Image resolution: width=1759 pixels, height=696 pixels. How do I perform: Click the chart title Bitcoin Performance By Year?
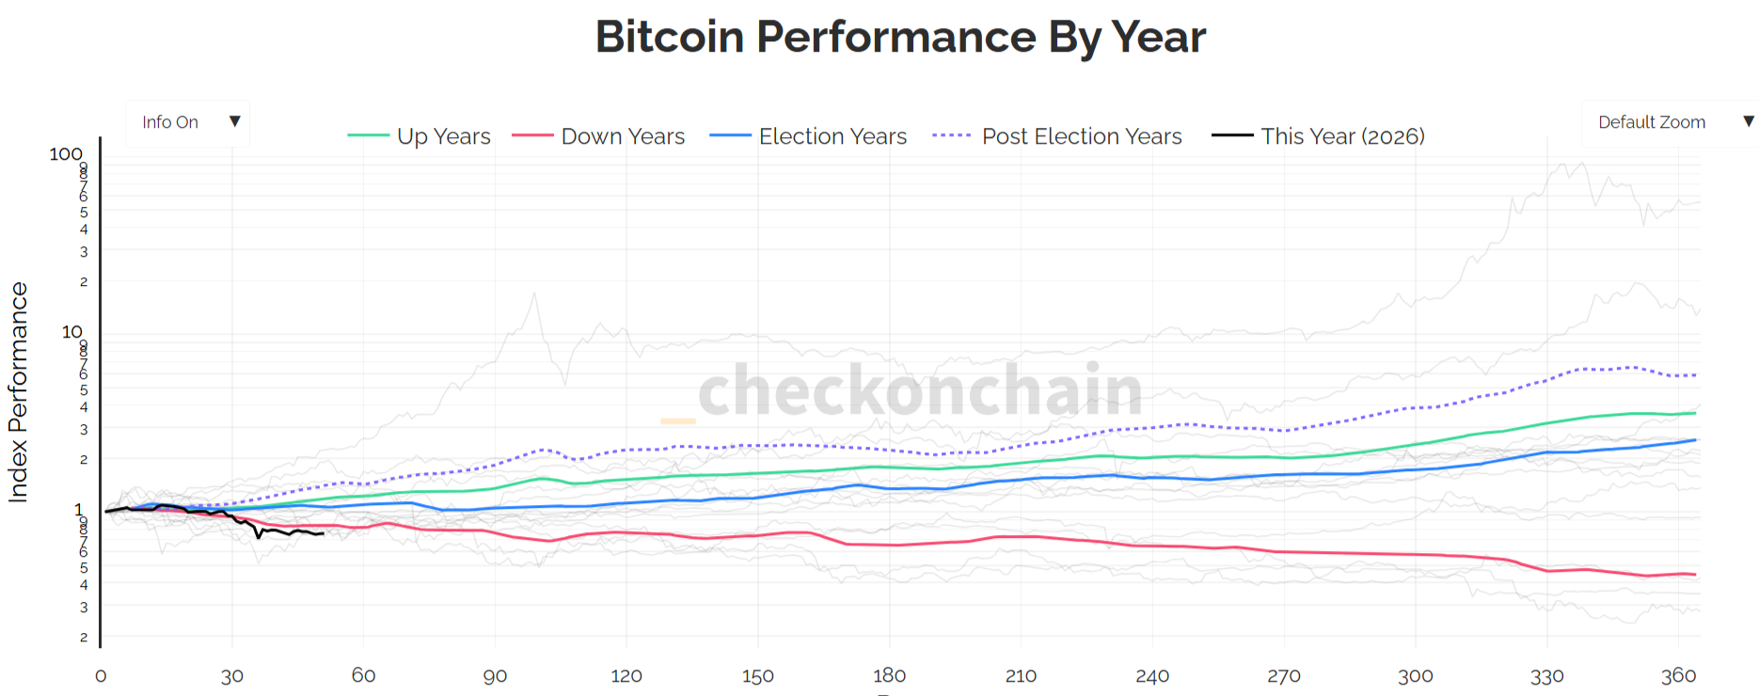pos(900,38)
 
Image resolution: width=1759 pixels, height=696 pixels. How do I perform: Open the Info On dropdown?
pos(188,122)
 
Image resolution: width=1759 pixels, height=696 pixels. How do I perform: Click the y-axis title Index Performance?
pos(18,392)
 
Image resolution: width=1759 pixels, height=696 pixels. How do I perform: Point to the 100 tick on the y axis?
pos(66,153)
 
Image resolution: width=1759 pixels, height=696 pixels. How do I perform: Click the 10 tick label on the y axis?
pos(71,331)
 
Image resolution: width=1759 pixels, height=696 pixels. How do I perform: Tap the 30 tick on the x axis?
pos(232,675)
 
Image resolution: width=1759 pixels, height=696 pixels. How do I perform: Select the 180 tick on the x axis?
pos(889,675)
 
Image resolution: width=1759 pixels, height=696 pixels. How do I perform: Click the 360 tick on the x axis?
pos(1678,675)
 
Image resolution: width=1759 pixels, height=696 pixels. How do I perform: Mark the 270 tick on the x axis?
pos(1283,675)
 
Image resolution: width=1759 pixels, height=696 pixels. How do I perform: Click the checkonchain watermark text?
pos(920,390)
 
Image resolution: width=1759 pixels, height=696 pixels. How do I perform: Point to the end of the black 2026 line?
pos(323,533)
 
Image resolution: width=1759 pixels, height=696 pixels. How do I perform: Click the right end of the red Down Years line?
pos(1695,575)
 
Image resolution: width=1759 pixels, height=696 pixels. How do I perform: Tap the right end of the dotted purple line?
pos(1695,375)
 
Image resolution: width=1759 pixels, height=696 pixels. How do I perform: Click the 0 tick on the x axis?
pos(101,675)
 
